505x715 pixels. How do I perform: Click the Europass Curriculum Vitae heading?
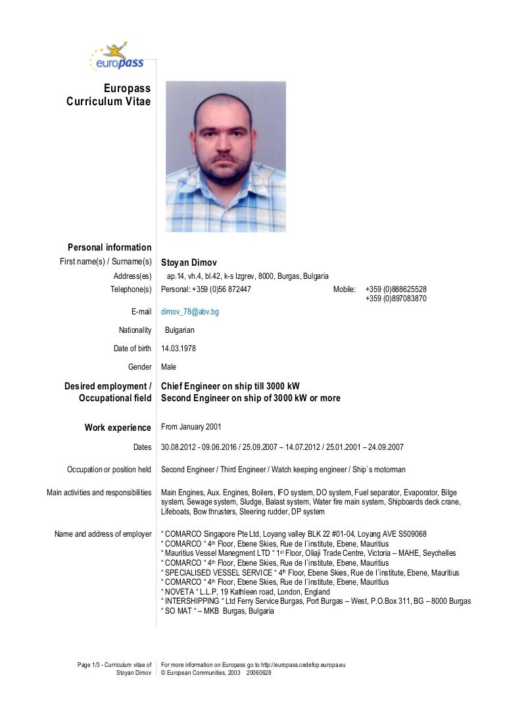[x=108, y=95]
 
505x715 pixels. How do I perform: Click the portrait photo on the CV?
[x=226, y=157]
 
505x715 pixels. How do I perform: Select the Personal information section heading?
[x=109, y=247]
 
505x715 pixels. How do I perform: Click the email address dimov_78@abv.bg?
[x=190, y=312]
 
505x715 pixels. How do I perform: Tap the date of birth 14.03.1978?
[x=178, y=349]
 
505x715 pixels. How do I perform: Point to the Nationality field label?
[x=135, y=330]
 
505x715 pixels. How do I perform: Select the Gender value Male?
[x=168, y=367]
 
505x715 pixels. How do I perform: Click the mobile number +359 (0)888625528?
[x=396, y=289]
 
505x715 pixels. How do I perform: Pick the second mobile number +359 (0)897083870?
[x=396, y=298]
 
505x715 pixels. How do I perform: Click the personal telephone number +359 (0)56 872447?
[x=206, y=289]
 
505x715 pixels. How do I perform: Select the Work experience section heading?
[x=118, y=428]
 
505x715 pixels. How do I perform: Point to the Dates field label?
[x=142, y=447]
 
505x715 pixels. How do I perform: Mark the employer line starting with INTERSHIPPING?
[x=316, y=601]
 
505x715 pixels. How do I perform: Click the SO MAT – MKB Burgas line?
[x=217, y=610]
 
